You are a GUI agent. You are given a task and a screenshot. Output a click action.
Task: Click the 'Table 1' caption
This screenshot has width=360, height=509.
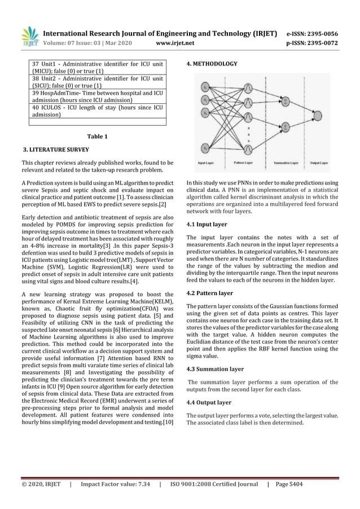[98, 137]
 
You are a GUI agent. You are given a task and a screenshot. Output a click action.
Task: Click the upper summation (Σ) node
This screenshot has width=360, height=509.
[287, 101]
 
